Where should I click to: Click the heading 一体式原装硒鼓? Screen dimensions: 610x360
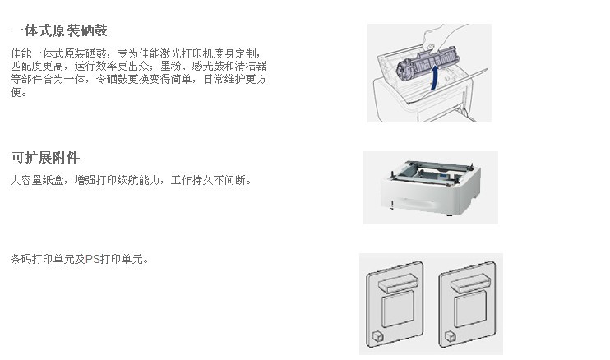coord(59,30)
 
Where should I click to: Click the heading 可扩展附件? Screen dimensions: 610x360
coord(45,158)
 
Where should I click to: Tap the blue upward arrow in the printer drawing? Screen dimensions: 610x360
coord(435,77)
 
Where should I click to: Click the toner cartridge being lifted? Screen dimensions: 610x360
coord(427,64)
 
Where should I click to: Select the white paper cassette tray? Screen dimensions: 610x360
coord(431,187)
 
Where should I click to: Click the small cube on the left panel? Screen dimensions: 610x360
coord(377,336)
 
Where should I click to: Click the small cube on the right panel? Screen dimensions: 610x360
coord(451,336)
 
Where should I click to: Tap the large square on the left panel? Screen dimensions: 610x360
coord(398,309)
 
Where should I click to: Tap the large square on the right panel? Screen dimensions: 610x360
coord(470,309)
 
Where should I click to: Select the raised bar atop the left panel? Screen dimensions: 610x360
coord(398,283)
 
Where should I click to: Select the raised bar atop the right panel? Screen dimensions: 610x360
coord(471,283)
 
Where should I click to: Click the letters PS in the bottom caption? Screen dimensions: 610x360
coord(92,259)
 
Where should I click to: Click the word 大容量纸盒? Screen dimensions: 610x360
coord(37,180)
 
